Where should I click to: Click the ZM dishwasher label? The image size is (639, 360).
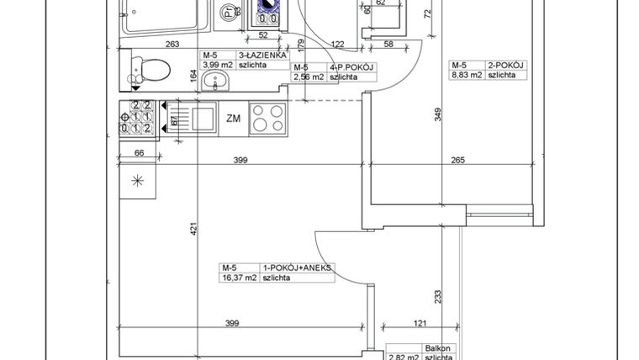pos(233,119)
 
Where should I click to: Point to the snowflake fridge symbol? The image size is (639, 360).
pos(137,180)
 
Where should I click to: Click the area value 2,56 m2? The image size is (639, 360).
pos(308,77)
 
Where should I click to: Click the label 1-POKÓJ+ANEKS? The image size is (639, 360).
pos(298,267)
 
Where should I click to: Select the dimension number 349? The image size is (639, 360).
pos(438,115)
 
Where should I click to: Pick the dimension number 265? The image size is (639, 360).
pos(457,160)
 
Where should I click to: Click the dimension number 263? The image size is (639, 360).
pos(172,45)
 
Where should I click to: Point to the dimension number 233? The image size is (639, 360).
pos(438,295)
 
